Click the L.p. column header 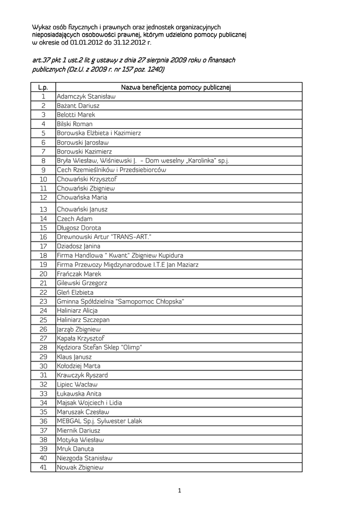pos(43,87)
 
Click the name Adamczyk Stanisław pos(86,96)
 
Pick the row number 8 pos(43,161)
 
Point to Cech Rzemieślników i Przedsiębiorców pos(111,170)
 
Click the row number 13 pos(43,209)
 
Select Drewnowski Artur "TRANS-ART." pos(104,237)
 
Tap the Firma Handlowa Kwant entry pos(120,255)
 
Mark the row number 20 pos(43,274)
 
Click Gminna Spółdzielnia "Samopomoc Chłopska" pos(121,301)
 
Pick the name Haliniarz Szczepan pos(83,320)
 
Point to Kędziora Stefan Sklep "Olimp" pos(99,347)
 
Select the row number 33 pos(43,394)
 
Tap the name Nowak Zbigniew pos(80,467)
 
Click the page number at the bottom pos(180,492)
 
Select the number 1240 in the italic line pos(152,70)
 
